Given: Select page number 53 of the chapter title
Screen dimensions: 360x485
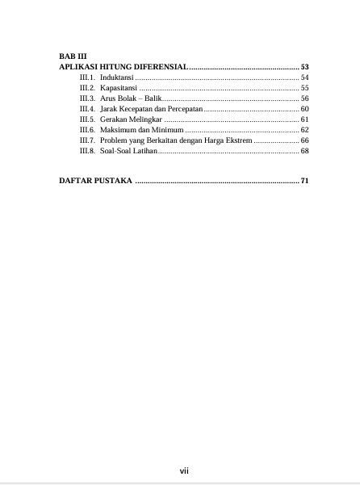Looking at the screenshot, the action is point(304,66).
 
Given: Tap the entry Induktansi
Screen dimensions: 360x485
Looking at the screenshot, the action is point(117,77).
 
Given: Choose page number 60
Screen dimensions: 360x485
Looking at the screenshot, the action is point(304,108).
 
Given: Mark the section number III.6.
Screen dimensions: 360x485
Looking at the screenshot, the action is point(87,129).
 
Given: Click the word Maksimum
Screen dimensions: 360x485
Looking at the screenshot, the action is point(119,129).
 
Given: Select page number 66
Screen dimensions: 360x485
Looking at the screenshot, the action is point(304,140).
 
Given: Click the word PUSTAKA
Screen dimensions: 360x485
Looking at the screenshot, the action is point(111,180).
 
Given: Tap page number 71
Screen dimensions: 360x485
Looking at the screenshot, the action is point(304,180).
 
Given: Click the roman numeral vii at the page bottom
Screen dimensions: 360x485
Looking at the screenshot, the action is point(183,470).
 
